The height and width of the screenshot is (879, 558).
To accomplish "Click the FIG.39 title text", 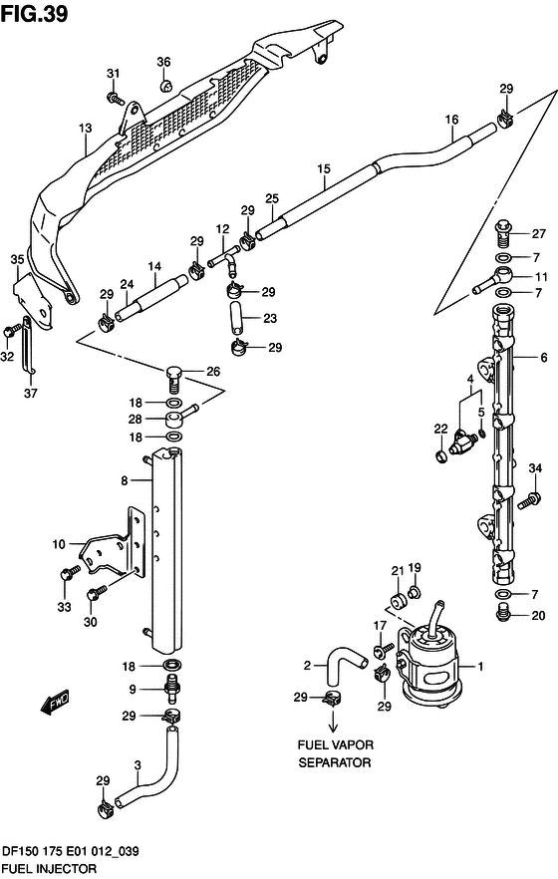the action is (x=35, y=14).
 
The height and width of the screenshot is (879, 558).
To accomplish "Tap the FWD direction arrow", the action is (x=55, y=701).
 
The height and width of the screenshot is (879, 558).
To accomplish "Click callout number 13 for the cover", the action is (x=85, y=129).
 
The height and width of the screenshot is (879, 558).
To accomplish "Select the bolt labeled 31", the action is (x=115, y=98).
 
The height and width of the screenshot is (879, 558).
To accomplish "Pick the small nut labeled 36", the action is (x=165, y=87).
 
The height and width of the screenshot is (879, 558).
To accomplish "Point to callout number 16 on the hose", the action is (x=451, y=120).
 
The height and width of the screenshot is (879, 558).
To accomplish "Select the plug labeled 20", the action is (x=503, y=613).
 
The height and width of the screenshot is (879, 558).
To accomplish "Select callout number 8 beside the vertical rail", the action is (x=125, y=480).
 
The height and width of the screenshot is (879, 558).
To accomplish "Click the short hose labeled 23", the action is (x=236, y=318).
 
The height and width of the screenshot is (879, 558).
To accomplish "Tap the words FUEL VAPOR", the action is (x=335, y=745).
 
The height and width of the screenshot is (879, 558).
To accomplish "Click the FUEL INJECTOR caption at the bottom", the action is (x=49, y=869).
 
